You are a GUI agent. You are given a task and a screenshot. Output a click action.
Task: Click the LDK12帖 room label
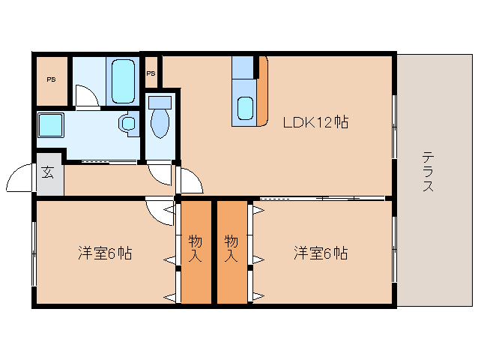click(x=315, y=121)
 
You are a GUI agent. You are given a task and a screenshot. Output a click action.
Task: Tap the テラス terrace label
click(x=428, y=172)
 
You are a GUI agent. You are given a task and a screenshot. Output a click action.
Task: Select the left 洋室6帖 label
click(x=105, y=253)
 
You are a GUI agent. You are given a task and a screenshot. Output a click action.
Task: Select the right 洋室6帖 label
click(x=320, y=253)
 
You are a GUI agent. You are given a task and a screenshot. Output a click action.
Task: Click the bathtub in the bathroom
click(x=123, y=81)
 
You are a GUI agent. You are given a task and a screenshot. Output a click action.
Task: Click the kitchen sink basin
click(x=245, y=109)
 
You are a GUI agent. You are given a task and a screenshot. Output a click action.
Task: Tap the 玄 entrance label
click(x=48, y=173)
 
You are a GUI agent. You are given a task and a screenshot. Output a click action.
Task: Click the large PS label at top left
click(x=51, y=79)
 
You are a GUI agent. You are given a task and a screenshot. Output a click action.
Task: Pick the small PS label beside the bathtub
click(x=151, y=73)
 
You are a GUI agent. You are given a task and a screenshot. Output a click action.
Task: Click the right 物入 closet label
click(x=232, y=248)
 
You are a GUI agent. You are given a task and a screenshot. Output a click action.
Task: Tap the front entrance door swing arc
click(x=20, y=180)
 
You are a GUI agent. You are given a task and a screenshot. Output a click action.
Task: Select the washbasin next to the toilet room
click(x=128, y=122)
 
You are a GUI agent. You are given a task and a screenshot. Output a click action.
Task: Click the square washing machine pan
click(x=51, y=124)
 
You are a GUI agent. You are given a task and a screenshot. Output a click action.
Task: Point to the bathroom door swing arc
click(x=85, y=96)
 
